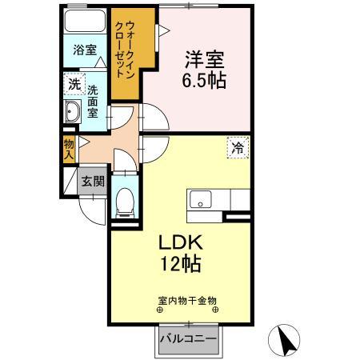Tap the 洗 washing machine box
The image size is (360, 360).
coord(73,83)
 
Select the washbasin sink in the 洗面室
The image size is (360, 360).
coord(70,112)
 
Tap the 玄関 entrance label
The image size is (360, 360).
coord(92,181)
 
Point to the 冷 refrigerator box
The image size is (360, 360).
coord(237,146)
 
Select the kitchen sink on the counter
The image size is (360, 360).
coord(199,198)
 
